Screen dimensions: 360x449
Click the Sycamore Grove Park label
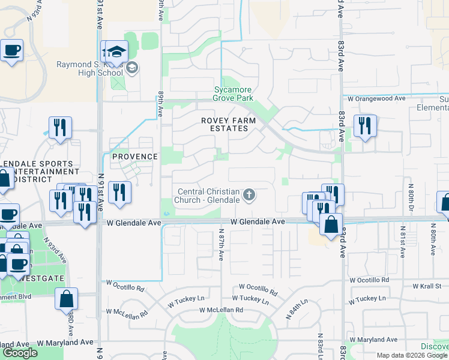[x=234, y=94]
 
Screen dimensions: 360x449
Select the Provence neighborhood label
[x=134, y=157]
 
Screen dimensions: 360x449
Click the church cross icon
[x=249, y=195]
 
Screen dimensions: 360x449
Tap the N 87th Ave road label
[x=221, y=243]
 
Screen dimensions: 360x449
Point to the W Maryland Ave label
[x=65, y=342]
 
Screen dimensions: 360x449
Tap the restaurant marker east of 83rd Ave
[x=364, y=127]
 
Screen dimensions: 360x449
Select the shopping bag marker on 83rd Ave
[x=331, y=226]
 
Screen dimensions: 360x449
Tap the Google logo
[x=20, y=353]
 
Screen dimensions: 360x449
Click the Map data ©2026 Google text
[x=412, y=355]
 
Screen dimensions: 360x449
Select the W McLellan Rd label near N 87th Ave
[x=221, y=310]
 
